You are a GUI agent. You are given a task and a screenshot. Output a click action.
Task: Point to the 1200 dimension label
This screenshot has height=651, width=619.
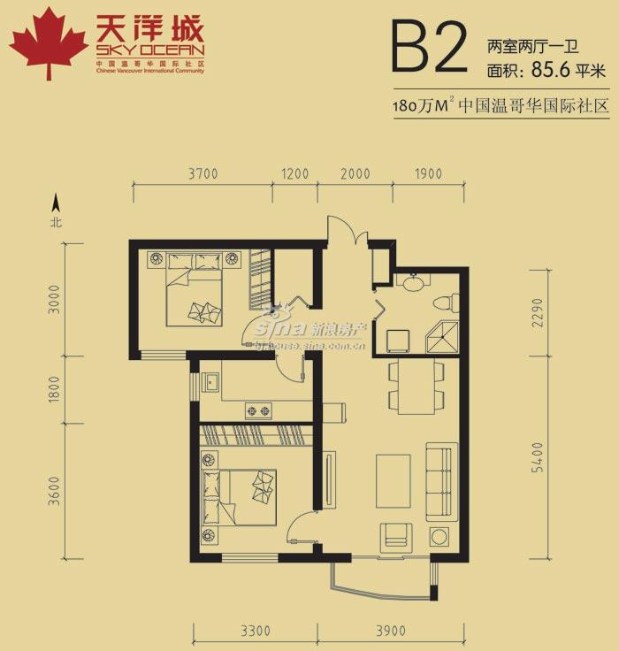[x=295, y=174]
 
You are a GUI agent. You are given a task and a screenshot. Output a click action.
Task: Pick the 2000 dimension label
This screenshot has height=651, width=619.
[x=355, y=174]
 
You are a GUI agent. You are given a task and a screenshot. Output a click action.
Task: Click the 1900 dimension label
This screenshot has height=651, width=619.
[x=427, y=174]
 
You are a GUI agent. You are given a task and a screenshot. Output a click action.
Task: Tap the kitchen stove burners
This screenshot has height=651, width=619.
[x=257, y=410]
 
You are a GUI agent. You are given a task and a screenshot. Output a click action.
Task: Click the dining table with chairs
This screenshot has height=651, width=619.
[x=416, y=387]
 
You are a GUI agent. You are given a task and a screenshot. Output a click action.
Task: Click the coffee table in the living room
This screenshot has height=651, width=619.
[x=393, y=480]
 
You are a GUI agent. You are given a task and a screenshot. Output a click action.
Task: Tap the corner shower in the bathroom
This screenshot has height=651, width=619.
[x=440, y=339]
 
